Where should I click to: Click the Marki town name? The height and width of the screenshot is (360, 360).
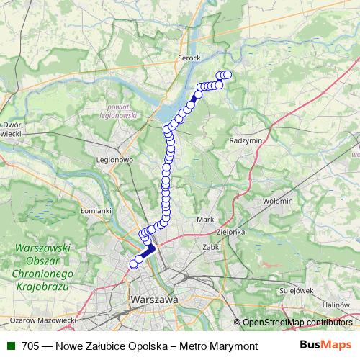(206, 218)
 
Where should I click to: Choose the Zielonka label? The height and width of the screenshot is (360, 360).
(231, 233)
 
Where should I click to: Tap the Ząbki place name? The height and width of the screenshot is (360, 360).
(211, 246)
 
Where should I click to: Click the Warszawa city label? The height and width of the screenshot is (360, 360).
(154, 297)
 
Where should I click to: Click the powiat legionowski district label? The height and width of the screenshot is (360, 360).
(116, 110)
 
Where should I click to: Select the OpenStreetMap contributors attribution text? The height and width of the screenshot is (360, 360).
(297, 322)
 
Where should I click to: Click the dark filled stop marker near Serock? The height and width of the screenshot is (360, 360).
(197, 94)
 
